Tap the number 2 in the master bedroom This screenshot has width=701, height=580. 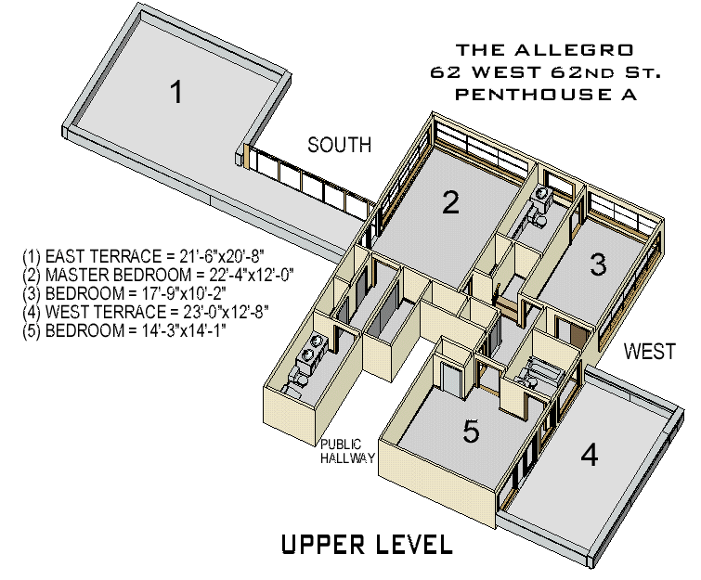coord(450,201)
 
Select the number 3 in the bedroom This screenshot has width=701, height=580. coord(599,264)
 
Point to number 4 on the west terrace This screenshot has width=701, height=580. coord(590,455)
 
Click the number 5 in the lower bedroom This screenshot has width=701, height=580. coord(472,432)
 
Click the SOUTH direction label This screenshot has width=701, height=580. coord(340,145)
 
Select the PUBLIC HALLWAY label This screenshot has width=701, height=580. coord(348,451)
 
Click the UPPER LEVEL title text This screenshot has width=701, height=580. coord(367,545)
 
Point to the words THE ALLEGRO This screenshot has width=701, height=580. coord(531,48)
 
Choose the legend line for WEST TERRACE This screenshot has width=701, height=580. coord(146,311)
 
